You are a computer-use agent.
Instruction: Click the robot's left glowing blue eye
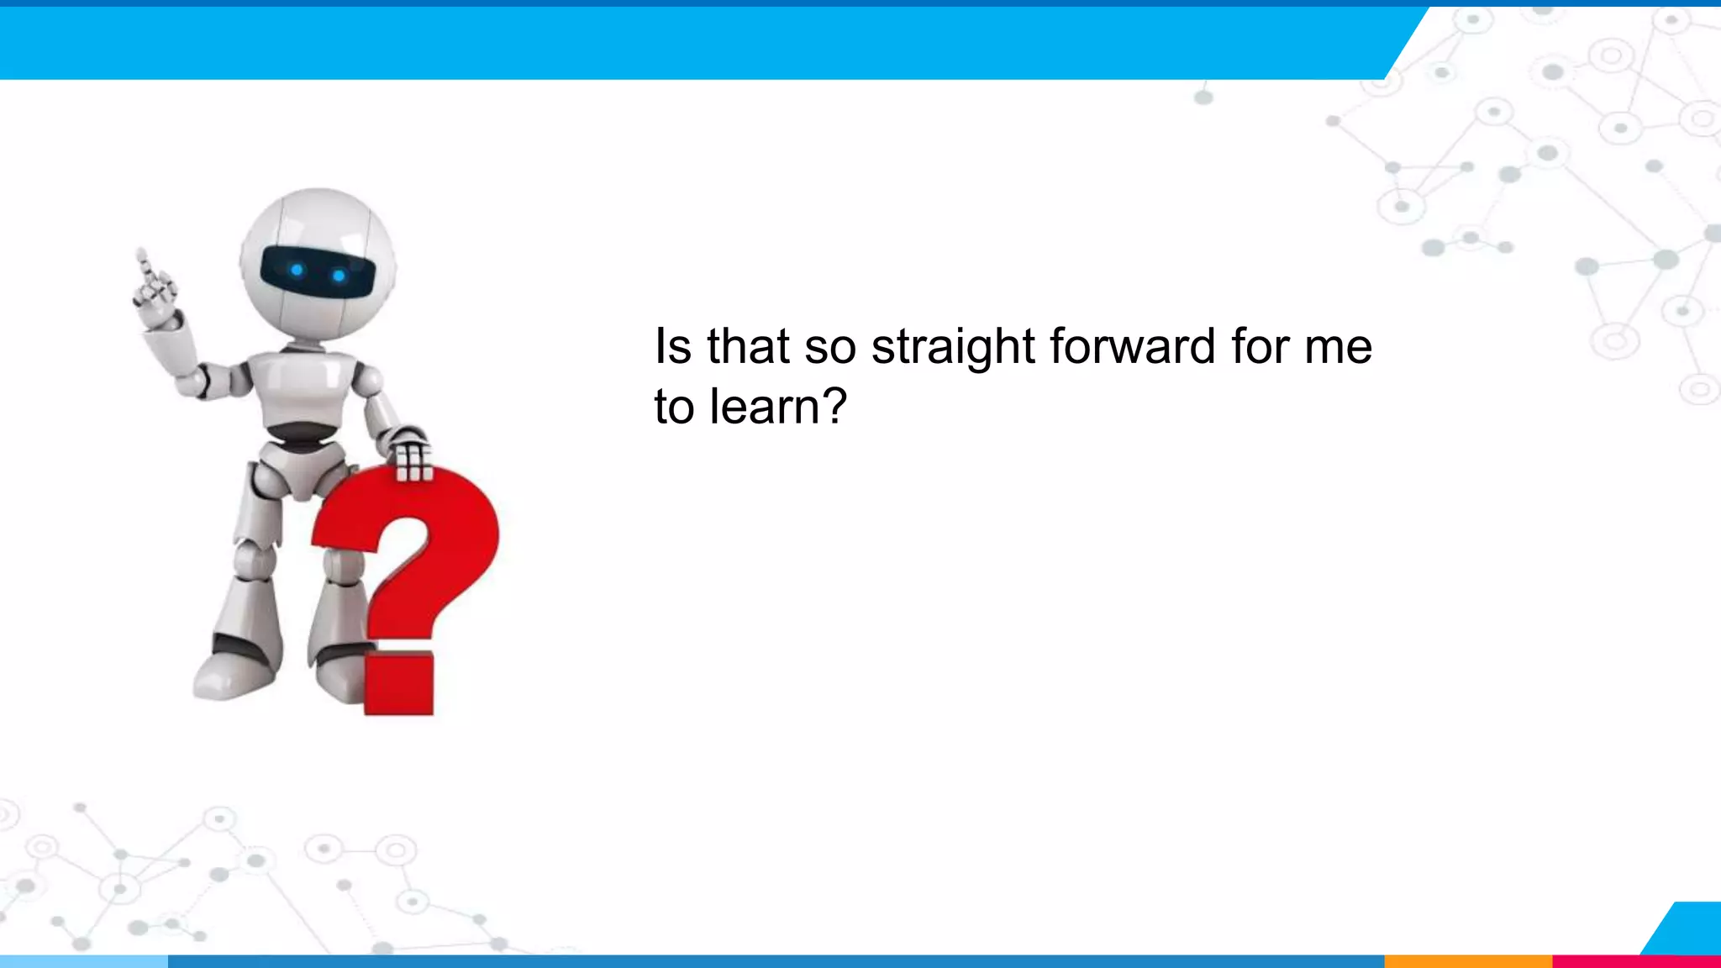297,270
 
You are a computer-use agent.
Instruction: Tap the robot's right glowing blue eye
339,276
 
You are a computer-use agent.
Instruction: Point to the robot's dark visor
317,271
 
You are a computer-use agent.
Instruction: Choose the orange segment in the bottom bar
1467,961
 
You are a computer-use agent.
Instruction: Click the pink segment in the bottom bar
1635,961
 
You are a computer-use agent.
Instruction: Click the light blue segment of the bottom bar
84,961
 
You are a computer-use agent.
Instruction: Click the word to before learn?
674,408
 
